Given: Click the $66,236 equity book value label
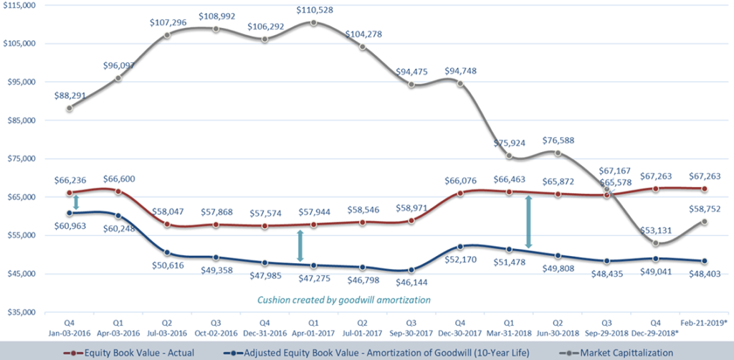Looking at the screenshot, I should click(70, 178).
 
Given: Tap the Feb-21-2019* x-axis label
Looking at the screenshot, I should click(704, 325).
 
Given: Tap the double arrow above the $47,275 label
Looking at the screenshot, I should click(300, 246).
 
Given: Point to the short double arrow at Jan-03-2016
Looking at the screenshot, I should click(76, 203).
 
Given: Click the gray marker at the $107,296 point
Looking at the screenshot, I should click(167, 34).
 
